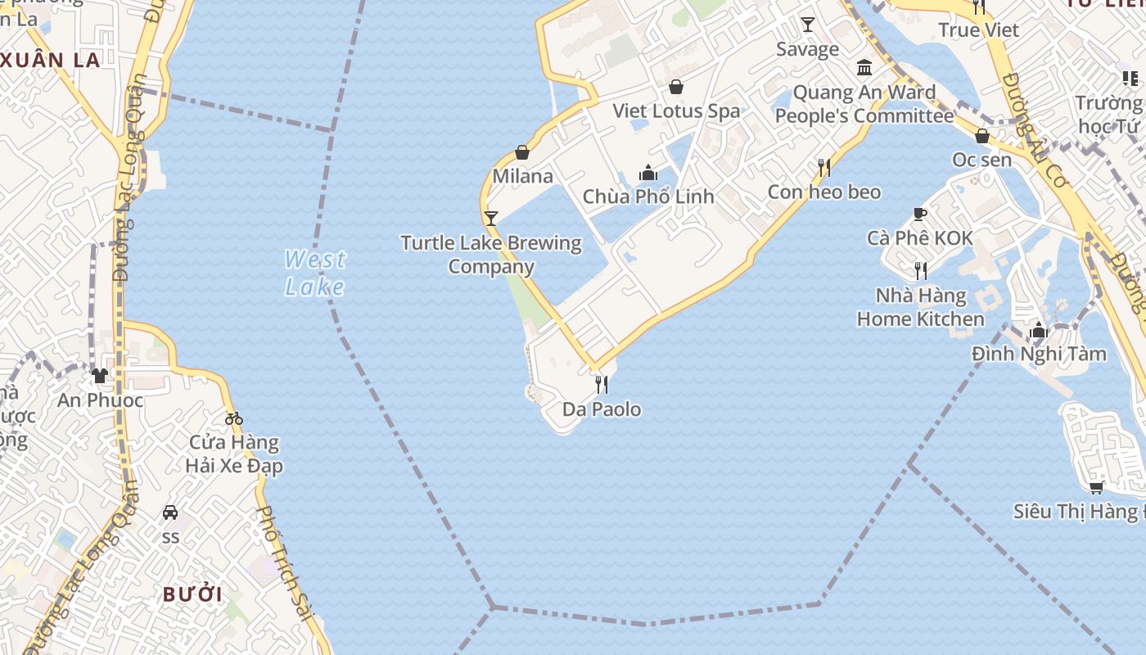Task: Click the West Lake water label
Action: click(315, 273)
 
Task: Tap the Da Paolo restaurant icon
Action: click(602, 384)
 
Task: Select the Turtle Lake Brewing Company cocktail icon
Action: click(491, 219)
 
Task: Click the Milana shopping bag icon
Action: click(522, 152)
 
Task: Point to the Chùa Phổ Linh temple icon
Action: click(648, 173)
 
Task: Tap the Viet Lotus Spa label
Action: click(676, 111)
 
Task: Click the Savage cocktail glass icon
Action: click(808, 25)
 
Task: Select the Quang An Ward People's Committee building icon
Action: click(864, 67)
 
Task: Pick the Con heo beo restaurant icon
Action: click(824, 168)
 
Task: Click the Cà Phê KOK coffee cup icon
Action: click(920, 214)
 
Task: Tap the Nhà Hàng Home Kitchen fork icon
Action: click(921, 271)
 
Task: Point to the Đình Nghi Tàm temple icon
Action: click(1039, 330)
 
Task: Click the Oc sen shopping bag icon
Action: click(982, 136)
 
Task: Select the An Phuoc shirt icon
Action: click(100, 376)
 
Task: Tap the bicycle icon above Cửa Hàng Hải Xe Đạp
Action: click(234, 418)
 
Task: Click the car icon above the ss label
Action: click(170, 513)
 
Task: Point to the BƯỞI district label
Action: click(192, 594)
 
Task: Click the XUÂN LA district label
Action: click(51, 60)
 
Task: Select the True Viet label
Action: click(978, 30)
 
